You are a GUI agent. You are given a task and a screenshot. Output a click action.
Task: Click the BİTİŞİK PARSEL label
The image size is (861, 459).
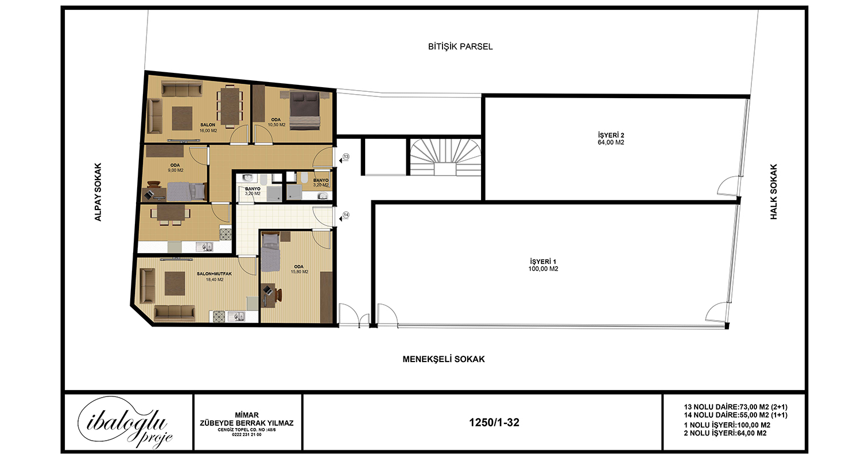460,46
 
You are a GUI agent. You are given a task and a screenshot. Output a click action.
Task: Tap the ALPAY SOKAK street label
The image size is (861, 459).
98,192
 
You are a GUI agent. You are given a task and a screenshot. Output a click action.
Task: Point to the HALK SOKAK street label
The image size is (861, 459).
773,192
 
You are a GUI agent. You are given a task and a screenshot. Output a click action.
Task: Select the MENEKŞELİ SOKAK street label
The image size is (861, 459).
444,359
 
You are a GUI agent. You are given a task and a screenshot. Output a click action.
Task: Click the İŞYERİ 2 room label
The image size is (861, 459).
611,139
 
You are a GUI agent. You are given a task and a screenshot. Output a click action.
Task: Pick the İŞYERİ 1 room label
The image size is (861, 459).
543,266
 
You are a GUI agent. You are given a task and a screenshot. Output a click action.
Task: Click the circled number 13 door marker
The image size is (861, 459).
346,157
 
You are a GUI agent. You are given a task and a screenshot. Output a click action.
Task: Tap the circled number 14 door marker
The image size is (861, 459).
346,215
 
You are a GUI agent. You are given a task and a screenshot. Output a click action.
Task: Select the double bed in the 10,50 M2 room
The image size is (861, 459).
305,111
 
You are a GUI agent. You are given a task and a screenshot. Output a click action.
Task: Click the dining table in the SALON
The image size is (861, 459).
230,107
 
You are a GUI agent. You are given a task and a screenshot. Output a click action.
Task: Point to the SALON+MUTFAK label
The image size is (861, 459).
215,274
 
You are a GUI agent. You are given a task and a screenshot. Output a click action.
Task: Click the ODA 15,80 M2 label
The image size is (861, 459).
299,269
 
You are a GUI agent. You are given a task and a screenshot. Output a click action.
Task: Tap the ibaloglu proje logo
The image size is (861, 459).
125,423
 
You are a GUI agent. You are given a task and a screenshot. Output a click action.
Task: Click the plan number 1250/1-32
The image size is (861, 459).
494,422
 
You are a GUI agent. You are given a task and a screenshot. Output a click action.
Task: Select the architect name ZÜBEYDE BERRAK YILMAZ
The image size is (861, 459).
247,423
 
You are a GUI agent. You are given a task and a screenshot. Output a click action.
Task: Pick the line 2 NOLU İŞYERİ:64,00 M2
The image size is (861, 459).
726,433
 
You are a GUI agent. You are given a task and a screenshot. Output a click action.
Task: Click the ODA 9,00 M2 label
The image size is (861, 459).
175,168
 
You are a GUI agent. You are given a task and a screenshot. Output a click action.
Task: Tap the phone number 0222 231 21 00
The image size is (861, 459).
247,435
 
